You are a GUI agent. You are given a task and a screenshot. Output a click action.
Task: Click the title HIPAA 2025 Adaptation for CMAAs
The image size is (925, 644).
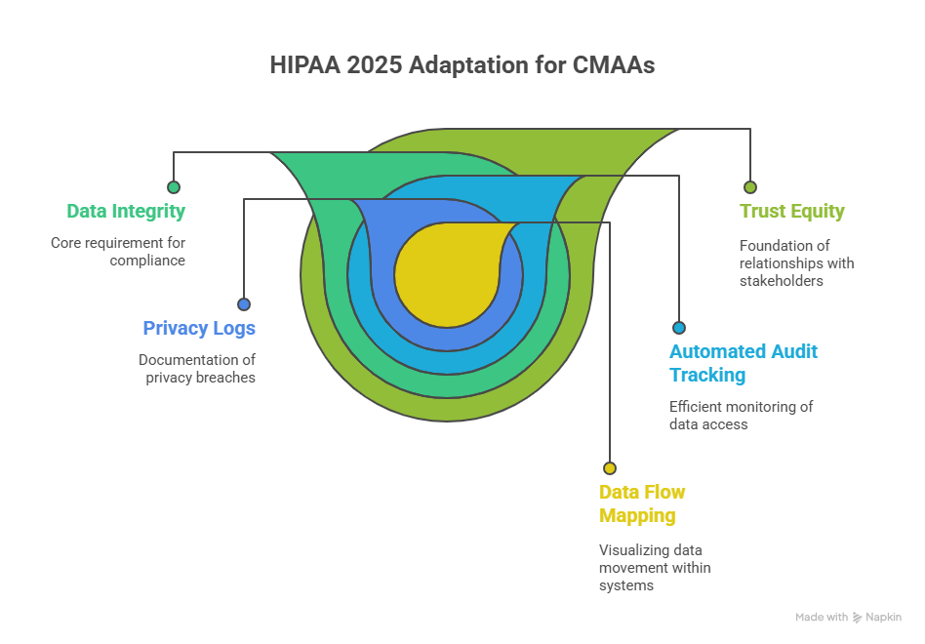(x=462, y=64)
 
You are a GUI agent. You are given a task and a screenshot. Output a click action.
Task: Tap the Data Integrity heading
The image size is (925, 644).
(x=126, y=211)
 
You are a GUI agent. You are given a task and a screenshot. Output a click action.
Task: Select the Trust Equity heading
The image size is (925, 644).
(x=792, y=211)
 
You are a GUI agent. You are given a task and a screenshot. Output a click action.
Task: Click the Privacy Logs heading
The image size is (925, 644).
(x=199, y=329)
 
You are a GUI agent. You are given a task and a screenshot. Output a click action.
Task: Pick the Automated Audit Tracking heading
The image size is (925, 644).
(x=744, y=363)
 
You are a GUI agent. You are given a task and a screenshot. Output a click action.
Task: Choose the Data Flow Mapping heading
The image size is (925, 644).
(x=642, y=503)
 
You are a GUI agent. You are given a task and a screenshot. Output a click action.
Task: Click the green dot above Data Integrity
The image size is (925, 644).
(x=174, y=187)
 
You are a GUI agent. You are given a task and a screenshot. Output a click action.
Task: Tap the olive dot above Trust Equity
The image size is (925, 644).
(x=749, y=187)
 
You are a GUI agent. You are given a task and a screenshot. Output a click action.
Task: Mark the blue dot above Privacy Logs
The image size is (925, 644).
(x=244, y=304)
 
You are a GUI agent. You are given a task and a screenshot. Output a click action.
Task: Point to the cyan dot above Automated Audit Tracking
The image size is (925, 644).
(x=679, y=327)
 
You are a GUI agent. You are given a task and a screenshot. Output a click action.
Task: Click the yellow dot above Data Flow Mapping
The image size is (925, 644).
(x=610, y=468)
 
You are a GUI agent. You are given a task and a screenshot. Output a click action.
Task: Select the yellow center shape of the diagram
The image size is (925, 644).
(x=447, y=274)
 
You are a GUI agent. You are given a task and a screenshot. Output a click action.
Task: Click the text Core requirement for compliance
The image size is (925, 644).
(x=118, y=252)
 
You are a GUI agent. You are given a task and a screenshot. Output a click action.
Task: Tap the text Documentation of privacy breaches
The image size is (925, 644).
(x=197, y=369)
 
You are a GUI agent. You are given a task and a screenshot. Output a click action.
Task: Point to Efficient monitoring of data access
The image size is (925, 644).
(x=741, y=415)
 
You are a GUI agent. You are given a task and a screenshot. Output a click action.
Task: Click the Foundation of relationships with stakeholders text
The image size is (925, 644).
(x=797, y=263)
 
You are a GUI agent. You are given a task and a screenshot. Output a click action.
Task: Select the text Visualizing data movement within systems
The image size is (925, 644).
(x=655, y=567)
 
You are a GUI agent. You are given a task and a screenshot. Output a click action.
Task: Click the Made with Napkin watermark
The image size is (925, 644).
(x=848, y=617)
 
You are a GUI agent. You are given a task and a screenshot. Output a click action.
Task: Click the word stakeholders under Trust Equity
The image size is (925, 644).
(x=781, y=281)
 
